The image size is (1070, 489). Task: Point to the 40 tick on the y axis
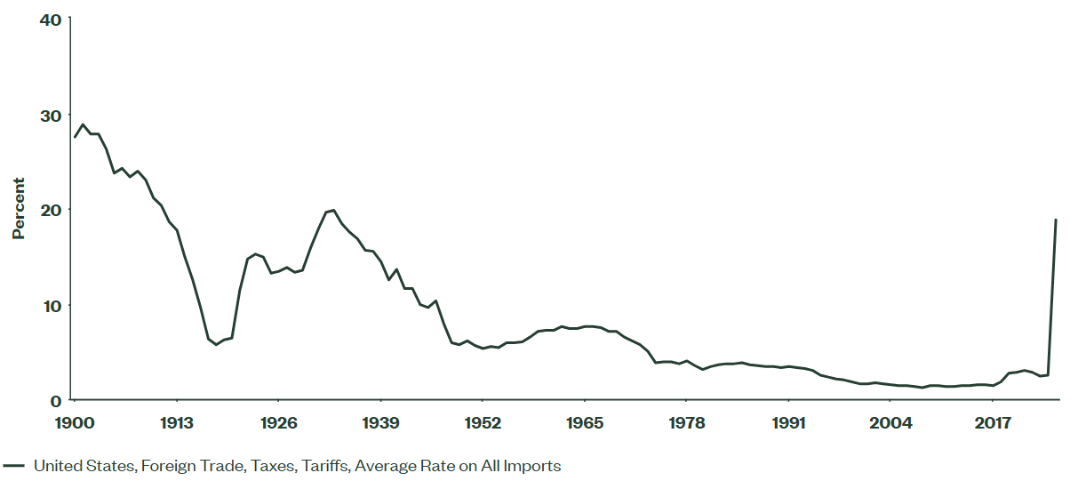[x=50, y=20]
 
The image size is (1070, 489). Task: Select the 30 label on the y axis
[x=50, y=116]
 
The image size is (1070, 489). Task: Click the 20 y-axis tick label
[x=50, y=210]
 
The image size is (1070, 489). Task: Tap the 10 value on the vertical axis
[x=51, y=306]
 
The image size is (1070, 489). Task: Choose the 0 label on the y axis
[x=55, y=401]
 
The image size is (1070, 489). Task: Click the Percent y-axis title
[x=18, y=209]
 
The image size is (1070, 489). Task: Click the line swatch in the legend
[x=13, y=465]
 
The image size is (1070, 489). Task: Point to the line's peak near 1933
[x=333, y=210]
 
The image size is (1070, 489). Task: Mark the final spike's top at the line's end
[x=1056, y=220]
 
